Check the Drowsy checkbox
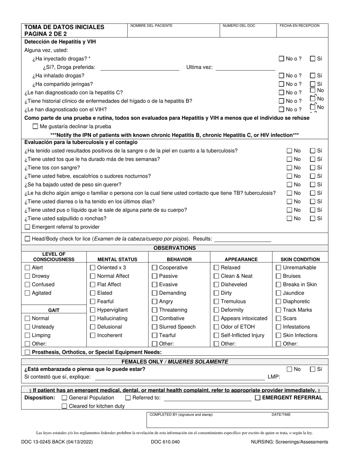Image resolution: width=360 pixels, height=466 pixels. pos(27,276)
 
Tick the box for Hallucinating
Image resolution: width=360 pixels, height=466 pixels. pos(92,319)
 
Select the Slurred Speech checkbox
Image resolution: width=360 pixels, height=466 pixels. pos(154,327)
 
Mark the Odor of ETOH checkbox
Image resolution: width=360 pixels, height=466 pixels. pos(216,327)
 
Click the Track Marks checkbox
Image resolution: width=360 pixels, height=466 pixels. pos(278,310)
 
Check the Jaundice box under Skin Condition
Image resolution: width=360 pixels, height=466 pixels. pos(278,293)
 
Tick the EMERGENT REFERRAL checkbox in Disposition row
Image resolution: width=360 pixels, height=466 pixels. pos(258,398)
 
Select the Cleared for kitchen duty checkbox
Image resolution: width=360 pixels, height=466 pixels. pos(64,406)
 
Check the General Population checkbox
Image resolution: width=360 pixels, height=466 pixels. pos(64,398)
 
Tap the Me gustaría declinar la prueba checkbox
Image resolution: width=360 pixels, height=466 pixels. pos(35,127)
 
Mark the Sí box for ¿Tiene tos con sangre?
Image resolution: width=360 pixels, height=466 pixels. pos(313,167)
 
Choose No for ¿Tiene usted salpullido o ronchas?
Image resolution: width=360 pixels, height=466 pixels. pos(290,219)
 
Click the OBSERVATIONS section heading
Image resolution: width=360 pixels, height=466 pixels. pos(175,248)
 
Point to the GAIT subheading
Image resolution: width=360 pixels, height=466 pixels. pos(54,310)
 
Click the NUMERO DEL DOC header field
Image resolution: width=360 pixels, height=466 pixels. pos(248,30)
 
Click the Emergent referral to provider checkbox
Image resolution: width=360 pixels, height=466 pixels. pos(27,227)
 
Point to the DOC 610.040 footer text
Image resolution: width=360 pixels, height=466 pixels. pos(165,442)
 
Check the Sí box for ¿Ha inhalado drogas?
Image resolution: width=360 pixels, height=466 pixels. pos(313,75)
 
